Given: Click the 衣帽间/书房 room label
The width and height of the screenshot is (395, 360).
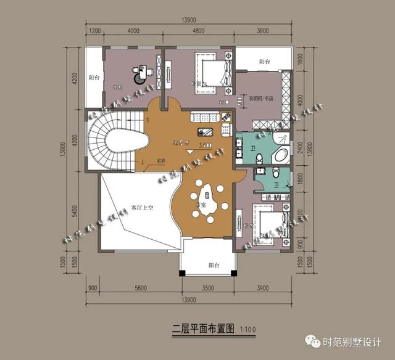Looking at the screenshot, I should click(x=262, y=98).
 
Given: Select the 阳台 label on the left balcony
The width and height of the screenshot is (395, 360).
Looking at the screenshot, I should click(x=94, y=78).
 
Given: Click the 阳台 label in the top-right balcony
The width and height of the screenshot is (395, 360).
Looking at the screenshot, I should click(x=265, y=62).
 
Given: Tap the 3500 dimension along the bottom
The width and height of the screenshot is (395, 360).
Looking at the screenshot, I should click(x=208, y=288).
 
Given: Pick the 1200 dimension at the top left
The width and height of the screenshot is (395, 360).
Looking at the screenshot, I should click(x=94, y=31).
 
